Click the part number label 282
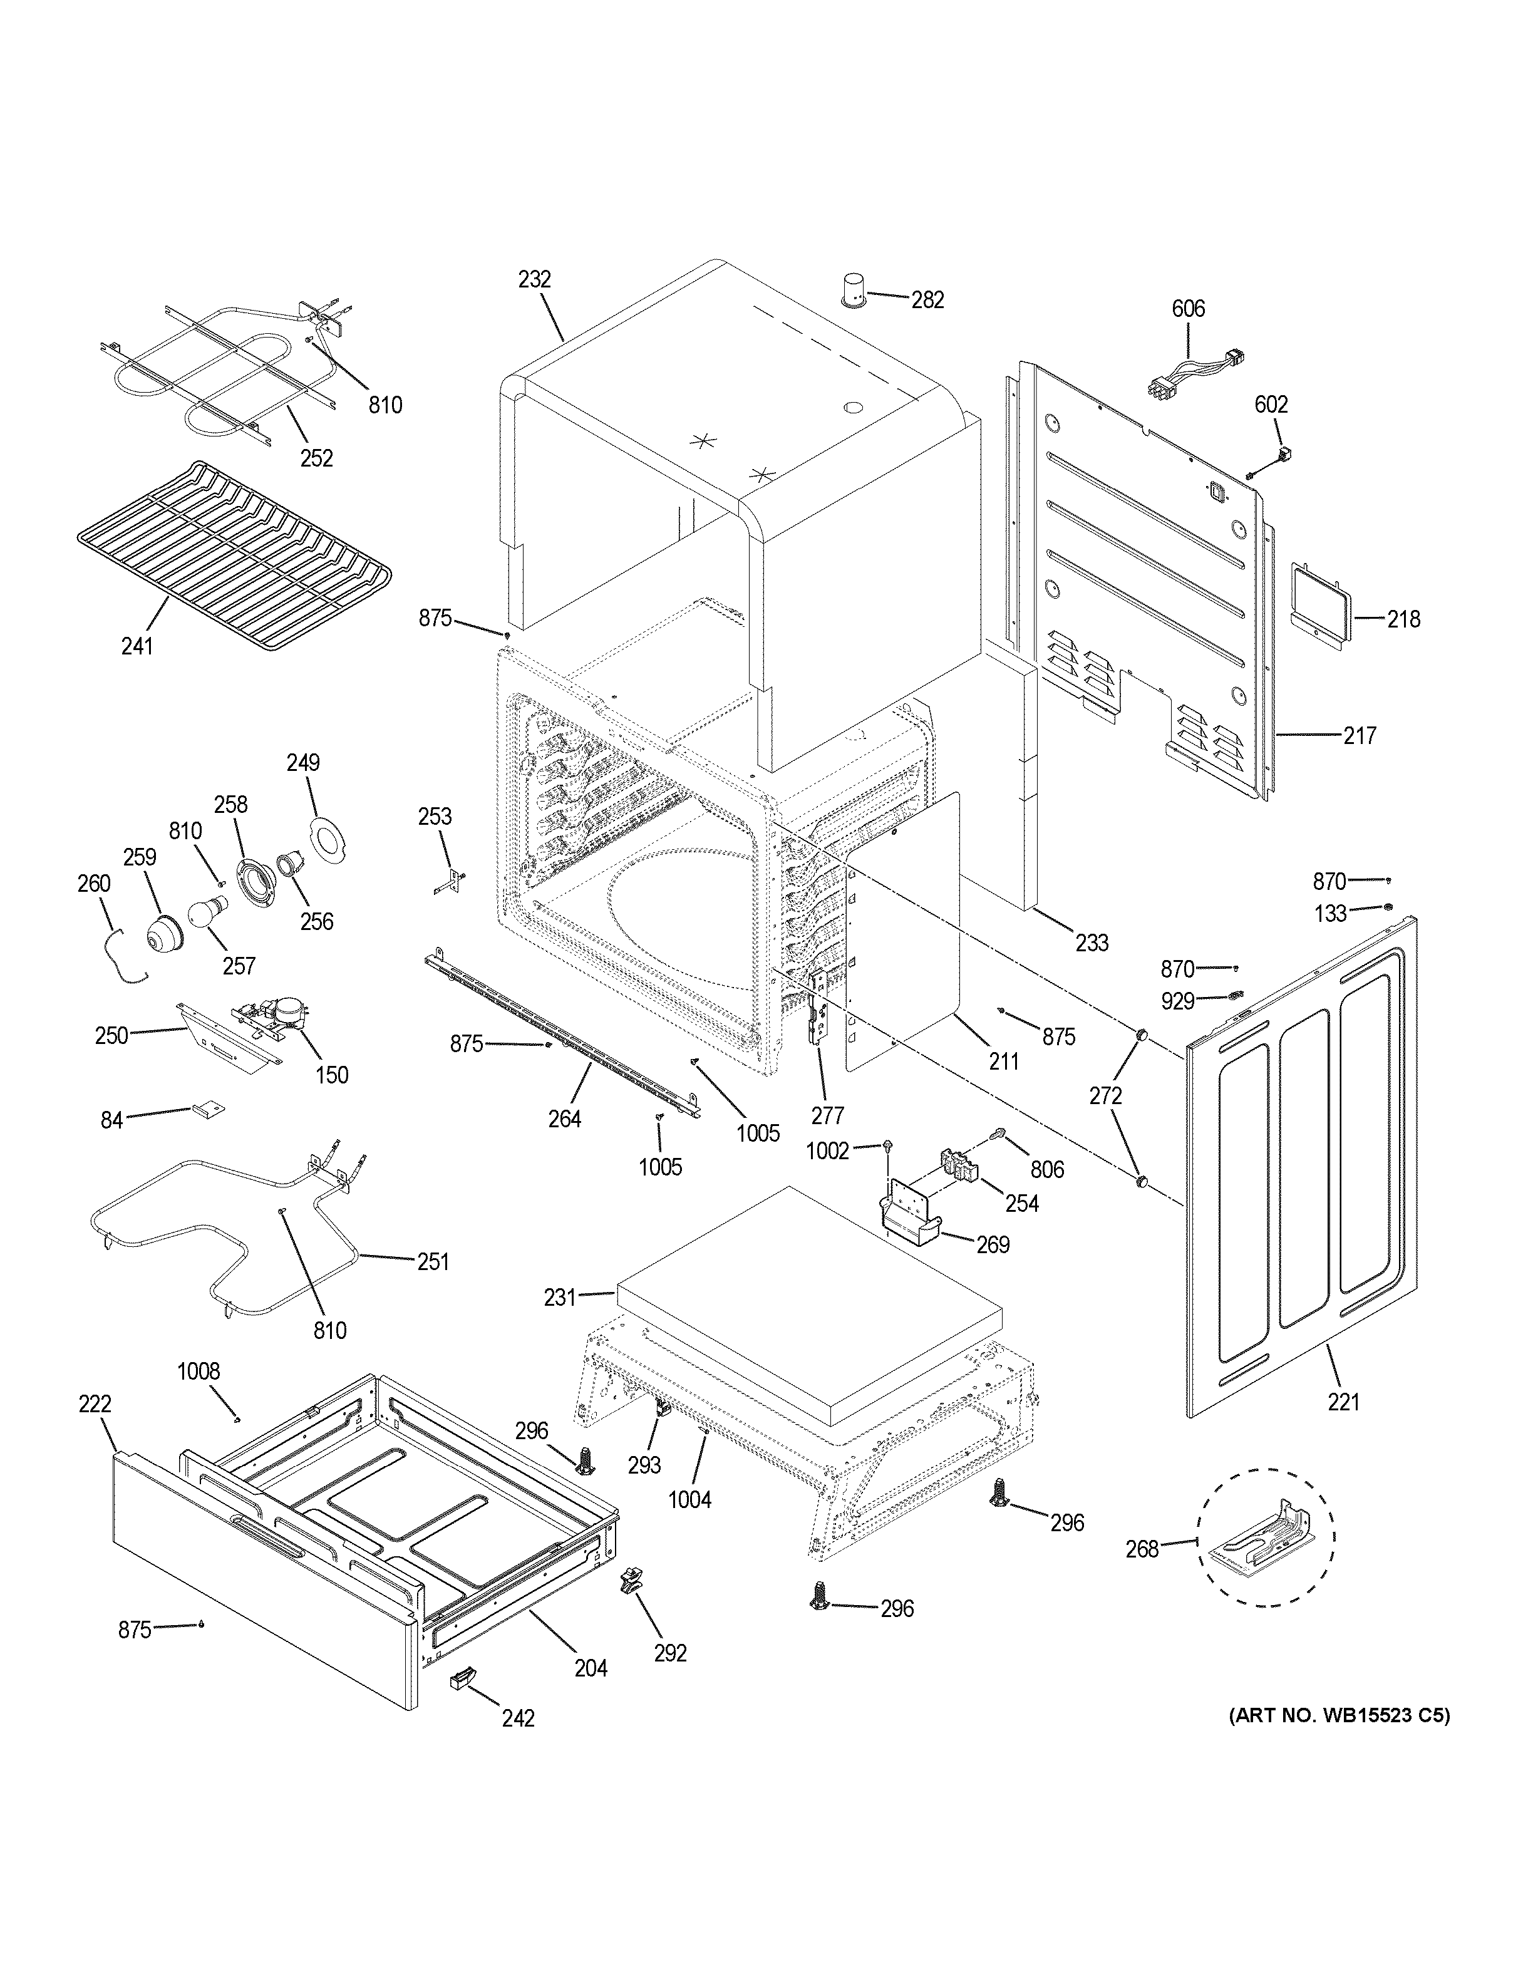pos(927,300)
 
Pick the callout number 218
pos(1403,619)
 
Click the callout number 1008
pos(198,1371)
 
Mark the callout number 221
pos(1343,1402)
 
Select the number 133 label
pos(1331,914)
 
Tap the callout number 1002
pos(827,1152)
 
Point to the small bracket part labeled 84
pos(208,1108)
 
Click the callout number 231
pos(560,1298)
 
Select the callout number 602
pos(1271,404)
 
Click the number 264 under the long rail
pos(564,1119)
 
